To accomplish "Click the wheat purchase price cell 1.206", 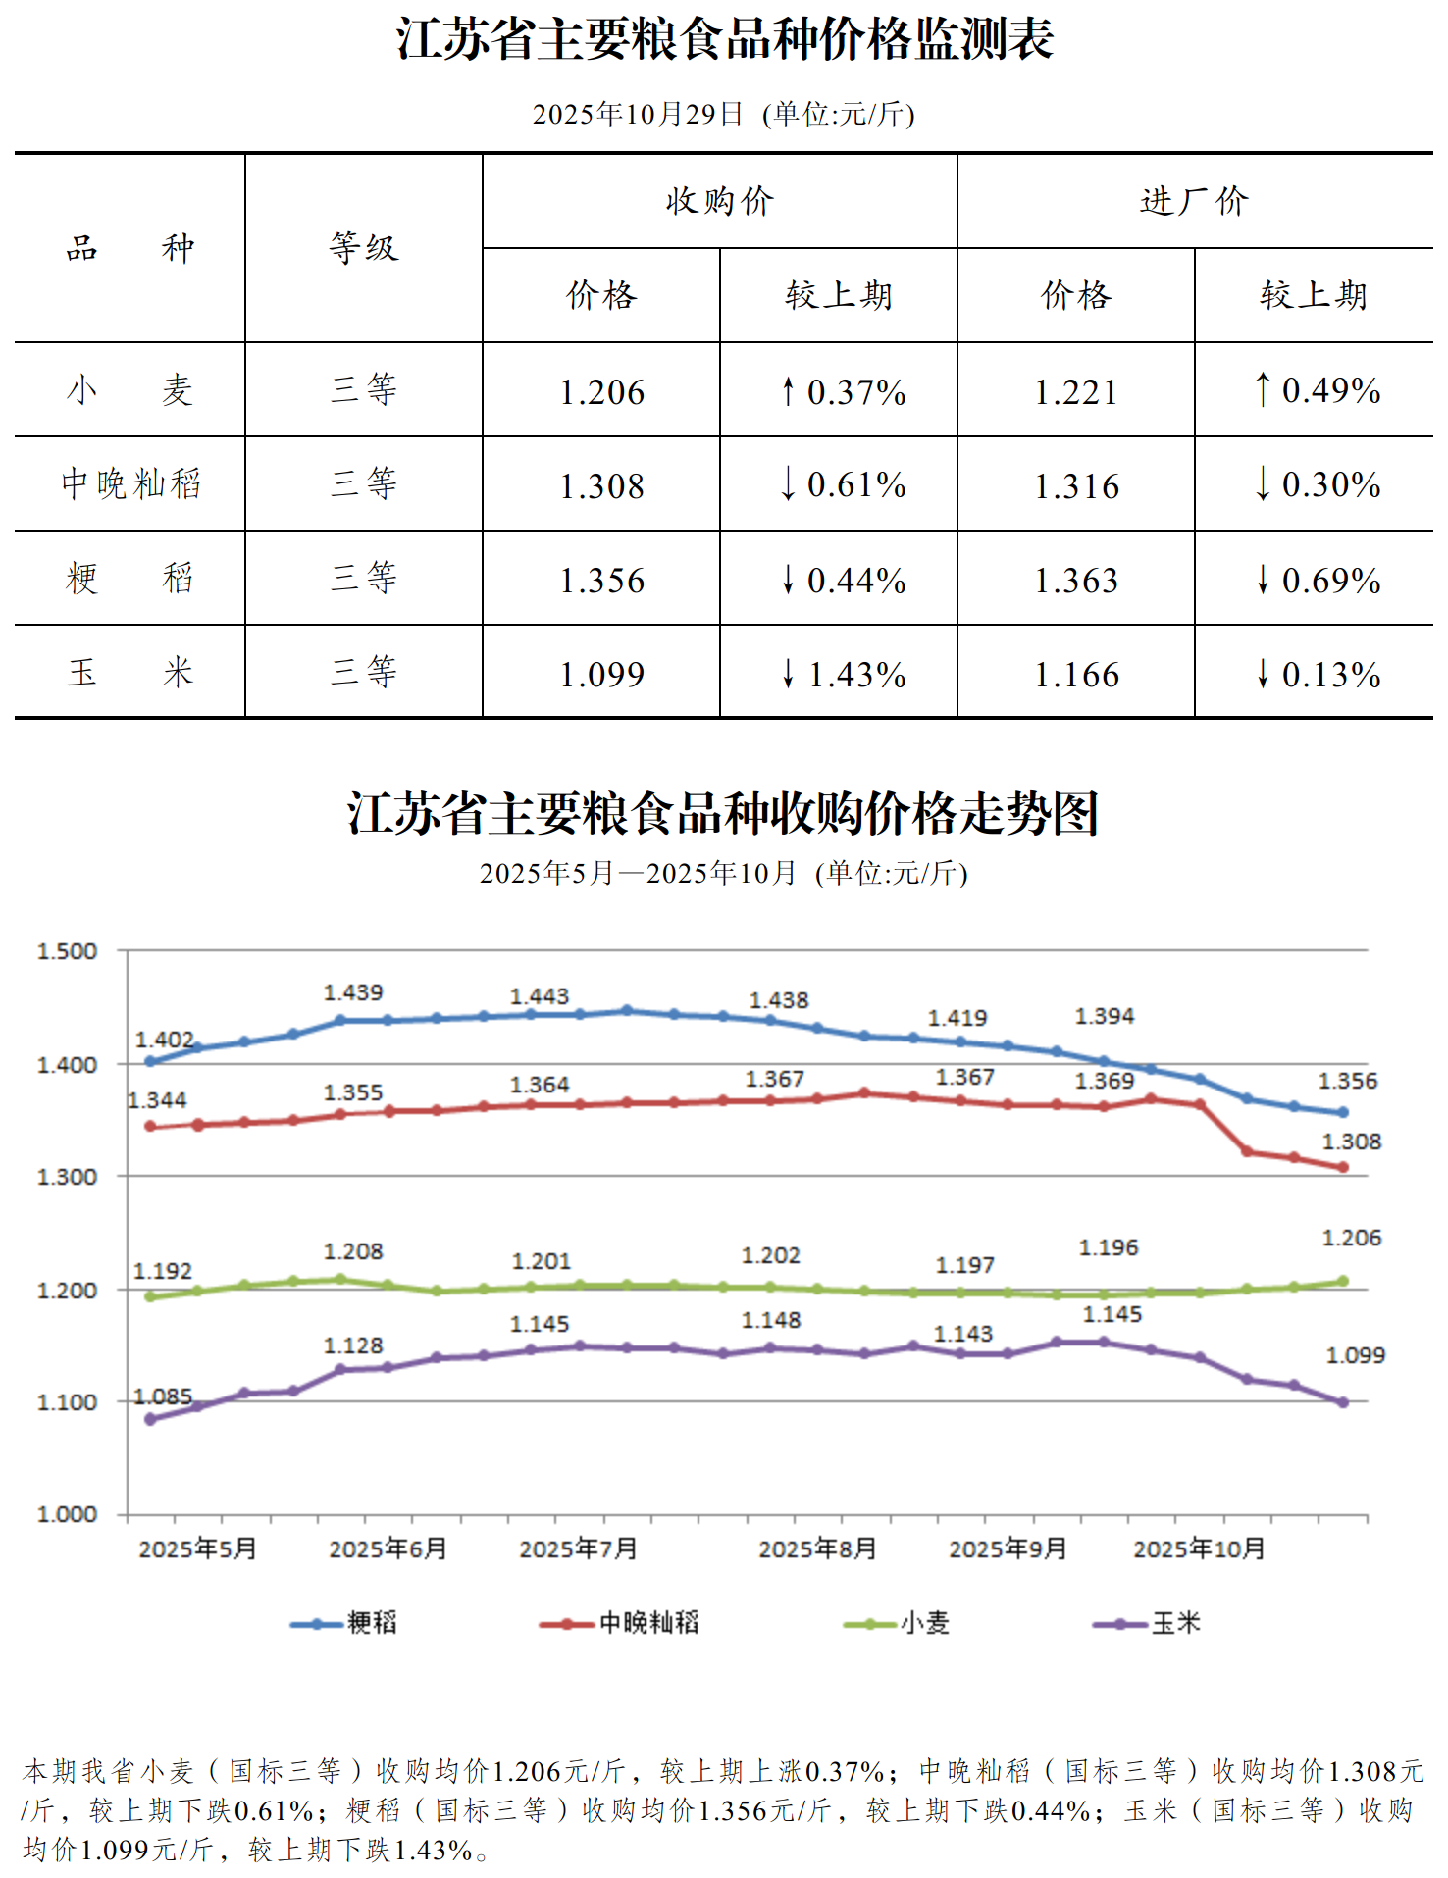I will click(601, 392).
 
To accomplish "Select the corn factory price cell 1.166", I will click(1076, 675).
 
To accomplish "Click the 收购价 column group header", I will click(719, 201).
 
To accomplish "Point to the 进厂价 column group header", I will click(1194, 201).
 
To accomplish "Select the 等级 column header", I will click(364, 248).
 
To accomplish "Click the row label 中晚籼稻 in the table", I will click(130, 483).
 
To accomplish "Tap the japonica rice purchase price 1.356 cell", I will click(601, 581).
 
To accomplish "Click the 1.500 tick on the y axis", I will click(67, 951).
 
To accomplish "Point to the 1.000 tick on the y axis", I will click(67, 1514).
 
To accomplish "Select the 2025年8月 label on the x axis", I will click(817, 1548).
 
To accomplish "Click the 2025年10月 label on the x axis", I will click(1199, 1548).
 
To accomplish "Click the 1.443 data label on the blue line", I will click(540, 996).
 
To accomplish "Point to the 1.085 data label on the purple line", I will click(163, 1396).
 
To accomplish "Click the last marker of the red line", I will click(1343, 1167).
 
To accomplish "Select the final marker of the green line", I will click(1343, 1281).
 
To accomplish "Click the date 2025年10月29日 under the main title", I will click(638, 115).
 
